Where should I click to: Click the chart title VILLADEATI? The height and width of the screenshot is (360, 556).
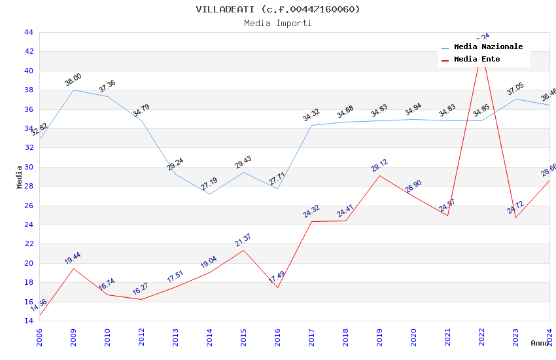[x=278, y=9]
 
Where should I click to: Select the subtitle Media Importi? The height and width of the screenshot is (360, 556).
[x=278, y=23]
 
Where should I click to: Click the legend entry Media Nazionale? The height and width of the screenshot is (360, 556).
[x=488, y=47]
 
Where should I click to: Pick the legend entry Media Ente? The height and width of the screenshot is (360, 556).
[x=477, y=59]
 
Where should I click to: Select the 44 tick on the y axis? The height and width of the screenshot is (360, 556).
[x=28, y=32]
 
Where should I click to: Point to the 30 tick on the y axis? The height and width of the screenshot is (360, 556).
[x=28, y=167]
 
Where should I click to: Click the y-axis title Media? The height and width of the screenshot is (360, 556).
[x=20, y=177]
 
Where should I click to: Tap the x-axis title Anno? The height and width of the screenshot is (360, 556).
[x=540, y=343]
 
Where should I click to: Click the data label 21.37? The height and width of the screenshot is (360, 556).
[x=243, y=240]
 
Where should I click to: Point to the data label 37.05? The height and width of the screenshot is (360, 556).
[x=515, y=89]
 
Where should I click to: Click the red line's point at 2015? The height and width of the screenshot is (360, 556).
[x=243, y=250]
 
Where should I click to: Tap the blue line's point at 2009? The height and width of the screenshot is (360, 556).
[x=73, y=90]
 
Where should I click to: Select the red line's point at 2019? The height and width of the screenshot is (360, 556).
[x=379, y=175]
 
